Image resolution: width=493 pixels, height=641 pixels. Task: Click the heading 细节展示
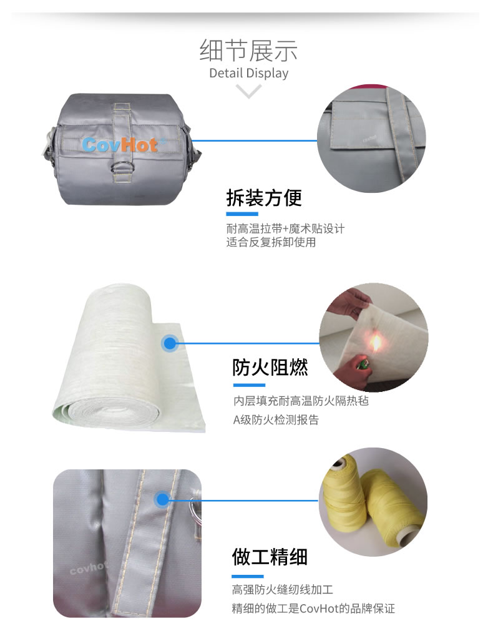[248, 51]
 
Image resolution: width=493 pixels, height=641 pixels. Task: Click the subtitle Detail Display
[248, 73]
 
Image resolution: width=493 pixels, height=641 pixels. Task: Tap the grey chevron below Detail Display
[248, 91]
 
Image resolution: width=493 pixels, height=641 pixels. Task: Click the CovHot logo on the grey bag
[120, 145]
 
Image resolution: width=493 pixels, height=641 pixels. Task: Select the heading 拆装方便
[264, 198]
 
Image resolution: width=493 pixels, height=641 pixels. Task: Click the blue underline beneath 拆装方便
[242, 214]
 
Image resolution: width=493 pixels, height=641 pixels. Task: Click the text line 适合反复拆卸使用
[271, 242]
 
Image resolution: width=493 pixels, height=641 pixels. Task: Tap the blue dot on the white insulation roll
[170, 343]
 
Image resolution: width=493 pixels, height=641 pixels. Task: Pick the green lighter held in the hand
[361, 363]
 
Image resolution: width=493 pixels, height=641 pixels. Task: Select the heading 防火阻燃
[270, 367]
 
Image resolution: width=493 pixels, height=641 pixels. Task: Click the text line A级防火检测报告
[276, 420]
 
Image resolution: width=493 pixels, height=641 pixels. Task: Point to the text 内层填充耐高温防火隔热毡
[301, 401]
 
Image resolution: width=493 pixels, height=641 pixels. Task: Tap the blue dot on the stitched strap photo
[163, 499]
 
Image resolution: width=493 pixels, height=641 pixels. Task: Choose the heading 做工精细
[270, 557]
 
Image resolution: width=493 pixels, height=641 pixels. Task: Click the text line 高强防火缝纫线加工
[283, 589]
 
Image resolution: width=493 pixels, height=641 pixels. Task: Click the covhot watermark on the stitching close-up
[89, 568]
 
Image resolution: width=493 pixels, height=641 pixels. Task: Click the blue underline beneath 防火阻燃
[250, 385]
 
